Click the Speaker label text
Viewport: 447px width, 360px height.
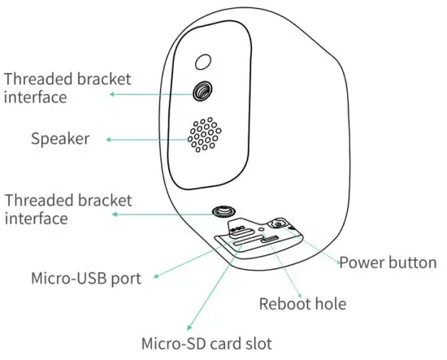(x=59, y=138)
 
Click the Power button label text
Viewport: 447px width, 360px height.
(x=388, y=262)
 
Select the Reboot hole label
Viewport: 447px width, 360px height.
(x=302, y=304)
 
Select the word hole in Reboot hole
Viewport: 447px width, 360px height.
(x=330, y=304)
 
